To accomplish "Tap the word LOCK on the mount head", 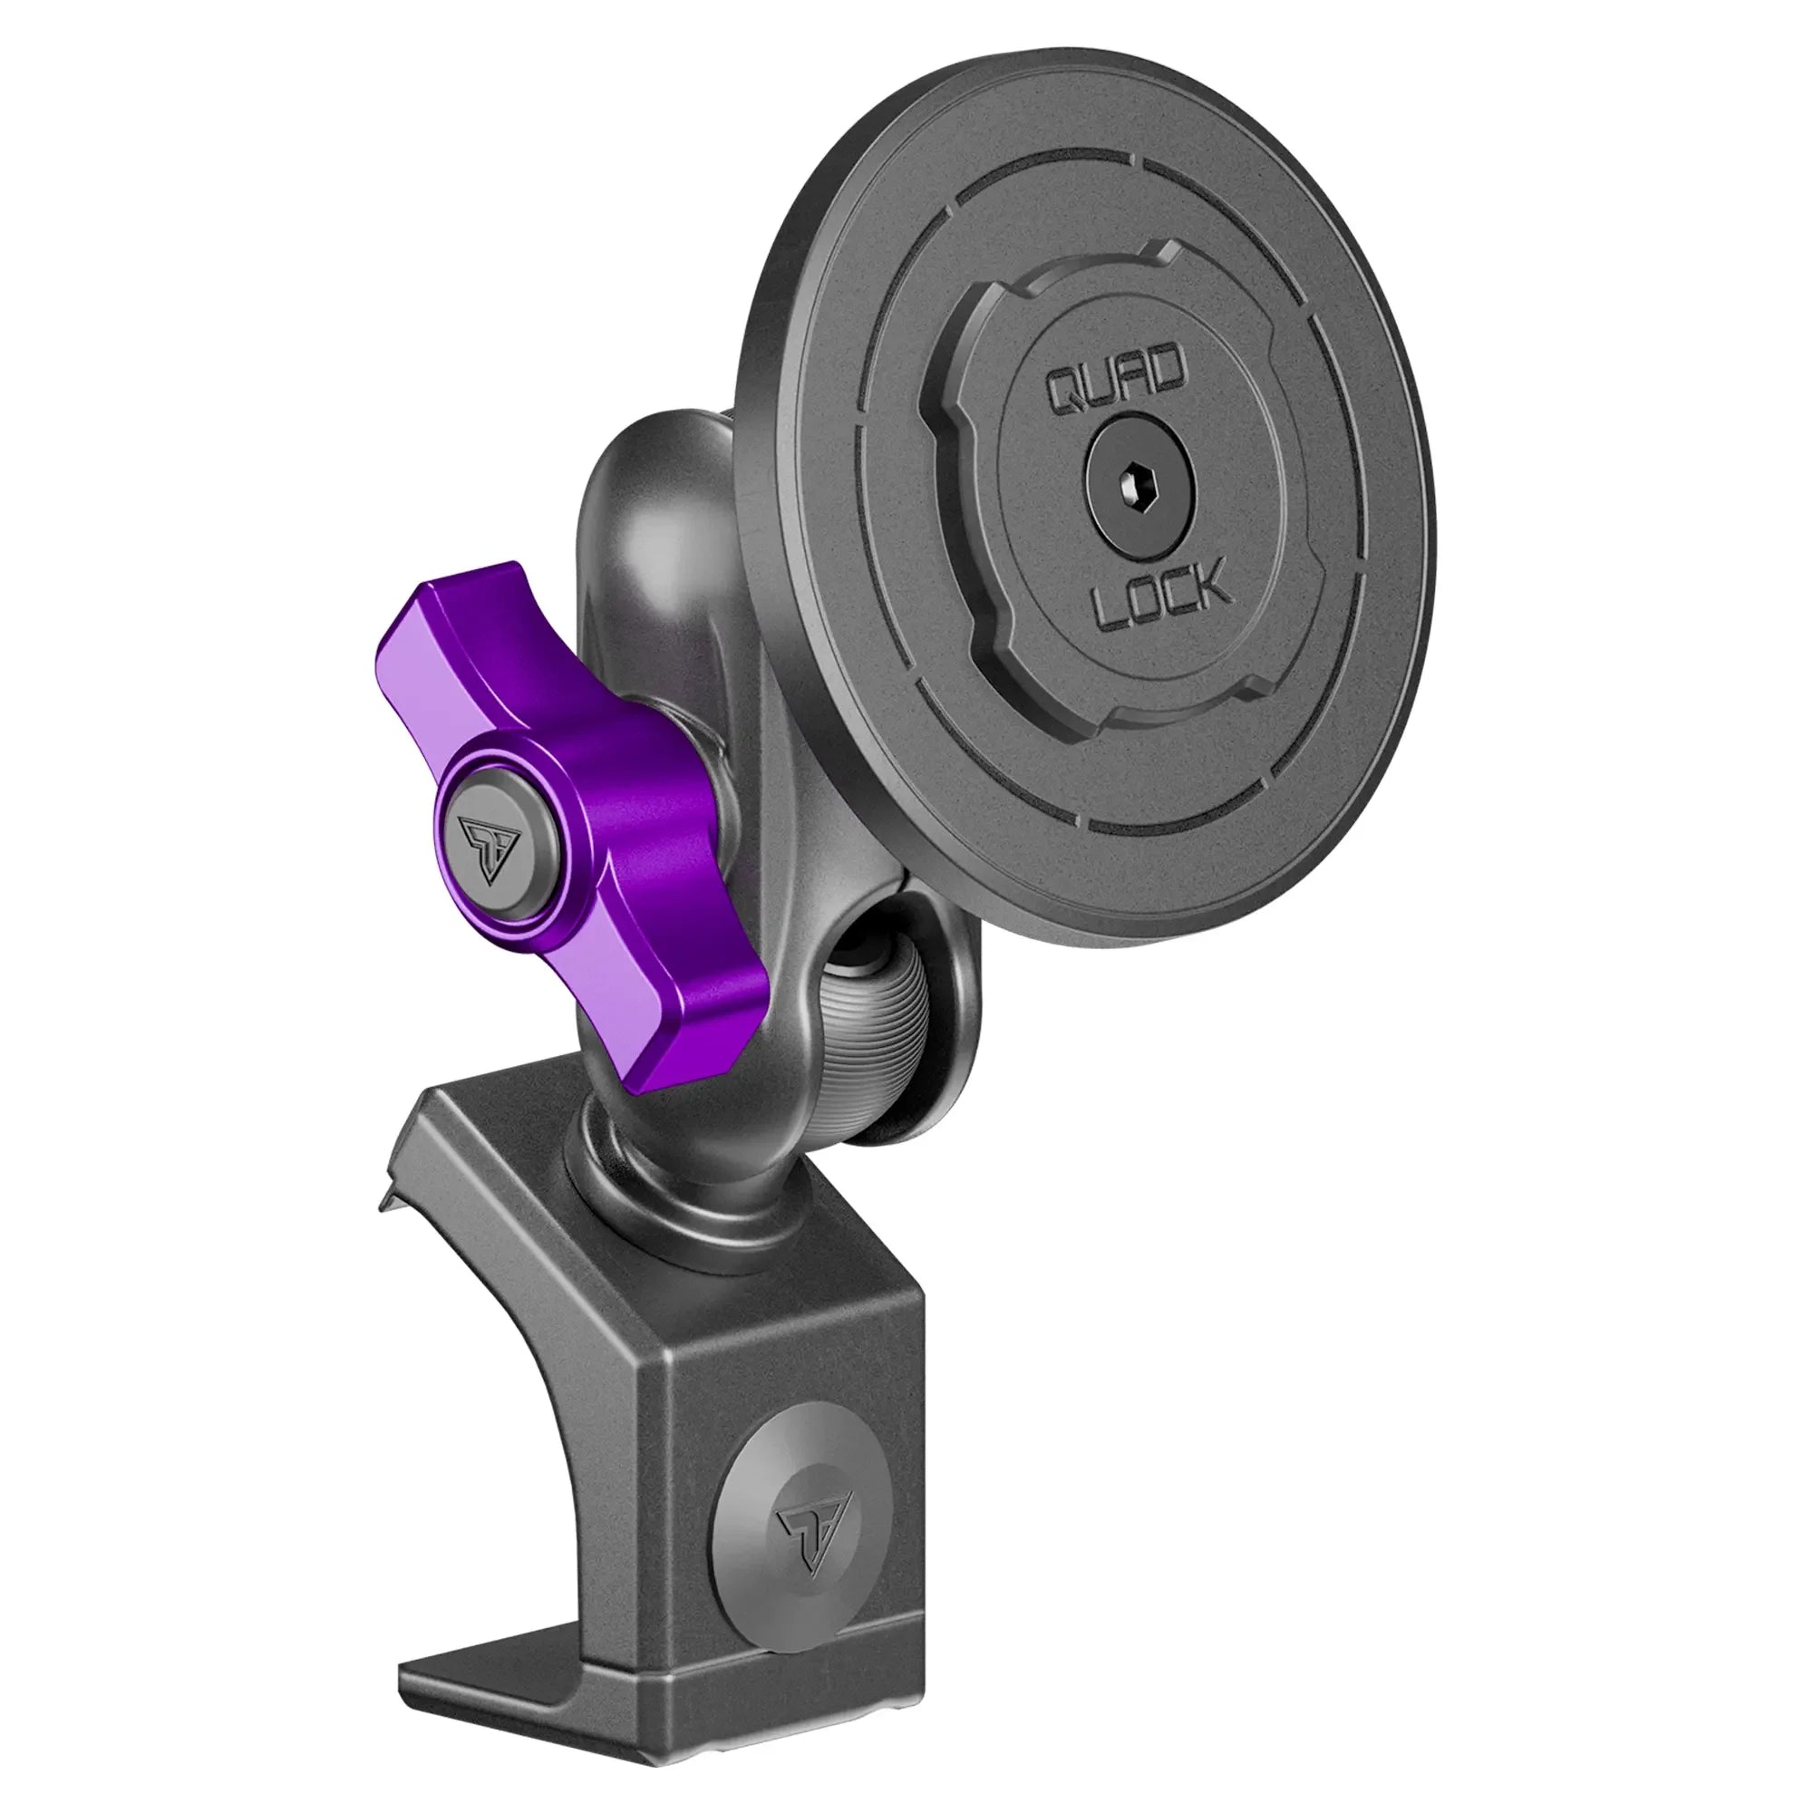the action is pyautogui.click(x=1162, y=593).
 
